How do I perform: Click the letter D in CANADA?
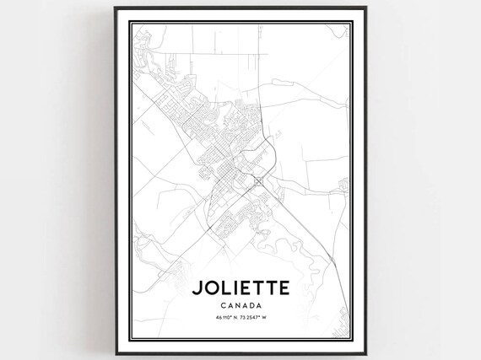(x=254, y=304)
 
